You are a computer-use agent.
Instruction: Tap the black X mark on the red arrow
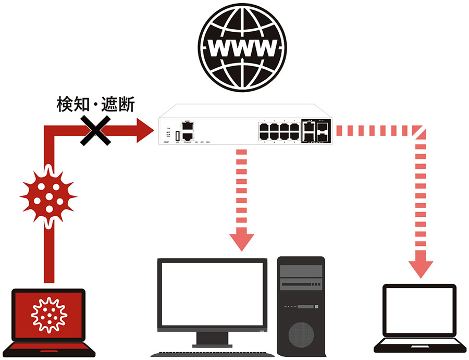tap(95, 130)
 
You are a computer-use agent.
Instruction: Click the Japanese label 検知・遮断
tap(95, 106)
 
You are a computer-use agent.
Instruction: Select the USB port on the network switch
tap(178, 135)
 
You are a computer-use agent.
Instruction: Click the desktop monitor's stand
tap(212, 339)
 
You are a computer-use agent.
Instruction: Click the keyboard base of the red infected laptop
tap(48, 347)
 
